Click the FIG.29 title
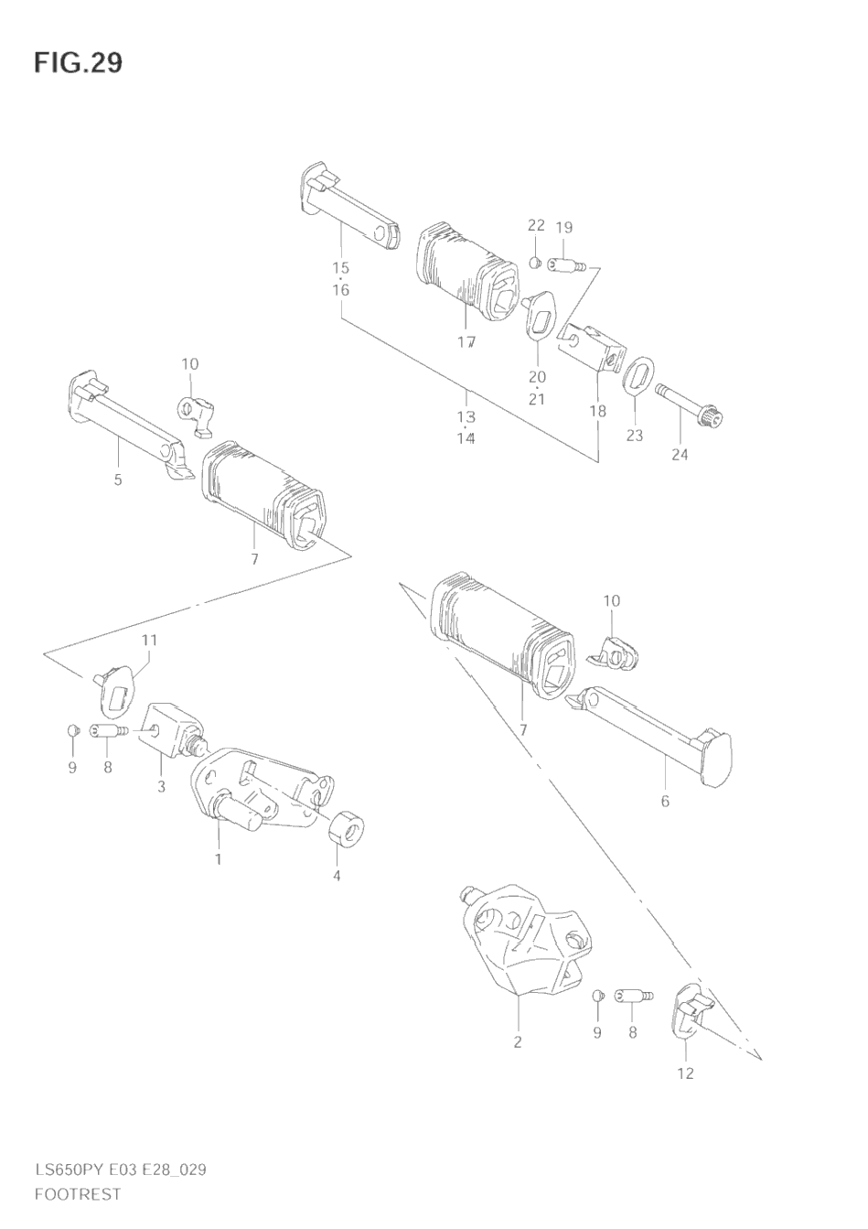pyautogui.click(x=79, y=63)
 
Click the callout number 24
pyautogui.click(x=680, y=454)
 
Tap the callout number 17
pyautogui.click(x=466, y=342)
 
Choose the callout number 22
pyautogui.click(x=536, y=225)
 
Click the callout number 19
pyautogui.click(x=564, y=227)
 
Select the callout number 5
pyautogui.click(x=118, y=480)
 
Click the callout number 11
pyautogui.click(x=149, y=640)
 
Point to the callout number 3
pyautogui.click(x=161, y=786)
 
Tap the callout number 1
pyautogui.click(x=219, y=859)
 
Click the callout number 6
pyautogui.click(x=665, y=801)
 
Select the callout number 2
pyautogui.click(x=518, y=1041)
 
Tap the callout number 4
pyautogui.click(x=337, y=876)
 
